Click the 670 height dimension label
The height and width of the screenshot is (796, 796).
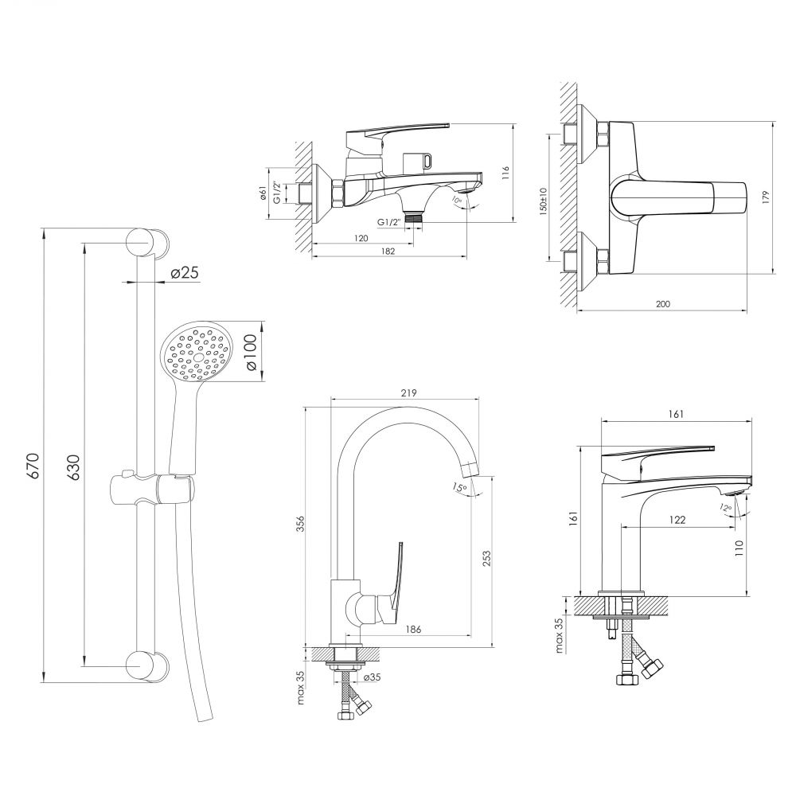[33, 466]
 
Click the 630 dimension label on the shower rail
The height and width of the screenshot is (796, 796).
[73, 467]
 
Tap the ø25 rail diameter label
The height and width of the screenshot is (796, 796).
[185, 273]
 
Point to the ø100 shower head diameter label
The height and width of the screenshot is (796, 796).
[252, 352]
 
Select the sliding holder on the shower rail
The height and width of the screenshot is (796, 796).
[152, 489]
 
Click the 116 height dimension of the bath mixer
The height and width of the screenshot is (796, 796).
[504, 173]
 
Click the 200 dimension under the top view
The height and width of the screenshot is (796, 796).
[663, 304]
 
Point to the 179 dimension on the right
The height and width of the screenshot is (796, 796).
[766, 197]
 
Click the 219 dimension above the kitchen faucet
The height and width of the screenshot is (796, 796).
[408, 393]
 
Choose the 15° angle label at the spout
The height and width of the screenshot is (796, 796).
[459, 487]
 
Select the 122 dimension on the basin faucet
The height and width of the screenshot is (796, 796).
[677, 519]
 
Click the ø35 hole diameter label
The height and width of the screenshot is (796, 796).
[373, 677]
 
